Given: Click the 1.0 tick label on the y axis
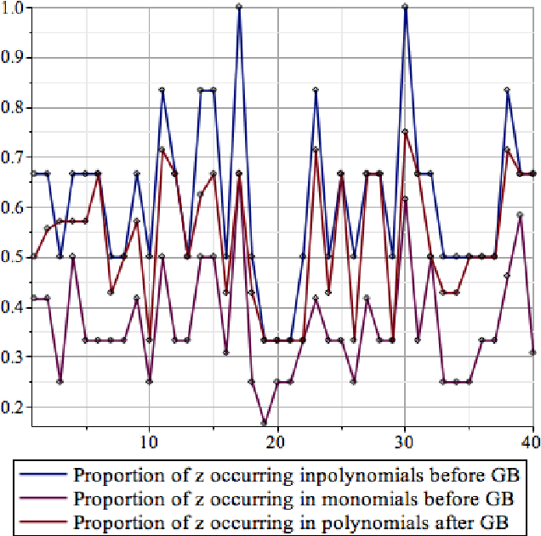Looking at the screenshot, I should click(x=13, y=8).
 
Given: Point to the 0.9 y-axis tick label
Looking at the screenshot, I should click(x=13, y=58).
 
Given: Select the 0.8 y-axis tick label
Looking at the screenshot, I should click(x=13, y=108).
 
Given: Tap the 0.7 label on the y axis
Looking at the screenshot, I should click(x=13, y=157).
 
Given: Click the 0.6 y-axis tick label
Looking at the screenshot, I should click(x=13, y=208).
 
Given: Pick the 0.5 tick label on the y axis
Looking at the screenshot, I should click(x=13, y=257).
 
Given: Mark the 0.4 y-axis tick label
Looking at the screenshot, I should click(x=13, y=307).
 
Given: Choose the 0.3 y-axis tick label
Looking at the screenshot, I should click(x=13, y=356).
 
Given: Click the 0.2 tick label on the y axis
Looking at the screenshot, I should click(x=13, y=407).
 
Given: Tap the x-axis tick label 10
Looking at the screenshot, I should click(x=149, y=442).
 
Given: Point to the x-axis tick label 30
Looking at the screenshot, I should click(x=405, y=442).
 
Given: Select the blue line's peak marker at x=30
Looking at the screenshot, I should click(x=405, y=7).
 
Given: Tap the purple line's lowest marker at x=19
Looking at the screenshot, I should click(x=265, y=422).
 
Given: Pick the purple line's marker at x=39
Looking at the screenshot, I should click(x=520, y=215).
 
